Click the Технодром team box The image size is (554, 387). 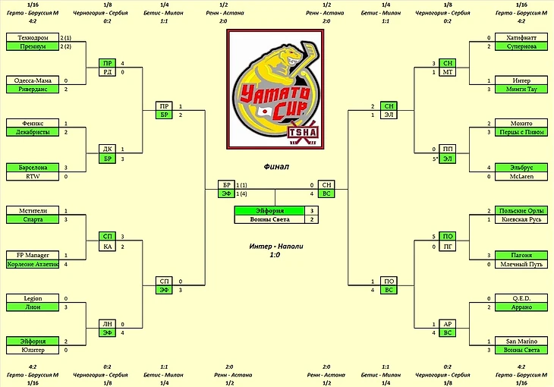pyautogui.click(x=32, y=37)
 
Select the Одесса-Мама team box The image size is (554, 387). pyautogui.click(x=32, y=80)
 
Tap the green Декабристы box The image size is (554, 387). pyautogui.click(x=32, y=132)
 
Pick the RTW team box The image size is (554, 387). pyautogui.click(x=32, y=176)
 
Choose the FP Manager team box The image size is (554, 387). pyautogui.click(x=32, y=255)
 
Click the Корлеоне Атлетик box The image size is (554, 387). pyautogui.click(x=32, y=264)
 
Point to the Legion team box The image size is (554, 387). pyautogui.click(x=32, y=298)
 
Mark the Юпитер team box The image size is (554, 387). pyautogui.click(x=32, y=350)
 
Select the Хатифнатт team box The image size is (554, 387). pyautogui.click(x=521, y=37)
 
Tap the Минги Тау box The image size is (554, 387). pyautogui.click(x=521, y=90)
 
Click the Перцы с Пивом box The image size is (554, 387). pyautogui.click(x=521, y=132)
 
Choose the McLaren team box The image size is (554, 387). pyautogui.click(x=521, y=176)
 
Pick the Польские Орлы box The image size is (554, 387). pyautogui.click(x=521, y=211)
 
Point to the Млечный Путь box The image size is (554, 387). pyautogui.click(x=521, y=264)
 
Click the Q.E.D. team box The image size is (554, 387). pyautogui.click(x=521, y=298)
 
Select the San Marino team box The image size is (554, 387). pyautogui.click(x=521, y=341)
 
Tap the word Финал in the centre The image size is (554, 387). pyautogui.click(x=276, y=165)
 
